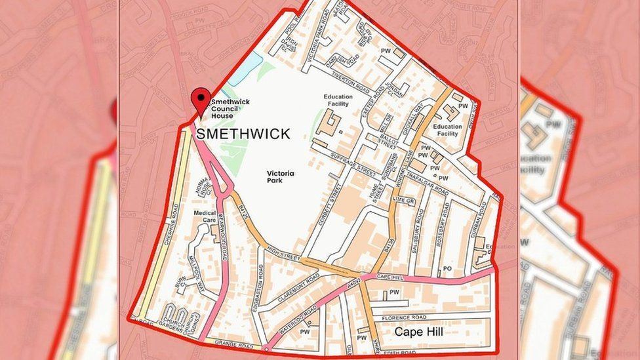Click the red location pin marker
coord(201,100)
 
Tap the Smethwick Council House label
coord(230,109)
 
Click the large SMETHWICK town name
coord(243,134)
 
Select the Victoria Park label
coord(280,177)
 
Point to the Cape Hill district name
coord(418,332)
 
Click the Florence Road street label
coord(405,317)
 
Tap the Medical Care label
coord(205,216)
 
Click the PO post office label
coord(448,268)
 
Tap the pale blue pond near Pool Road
coord(246,68)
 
